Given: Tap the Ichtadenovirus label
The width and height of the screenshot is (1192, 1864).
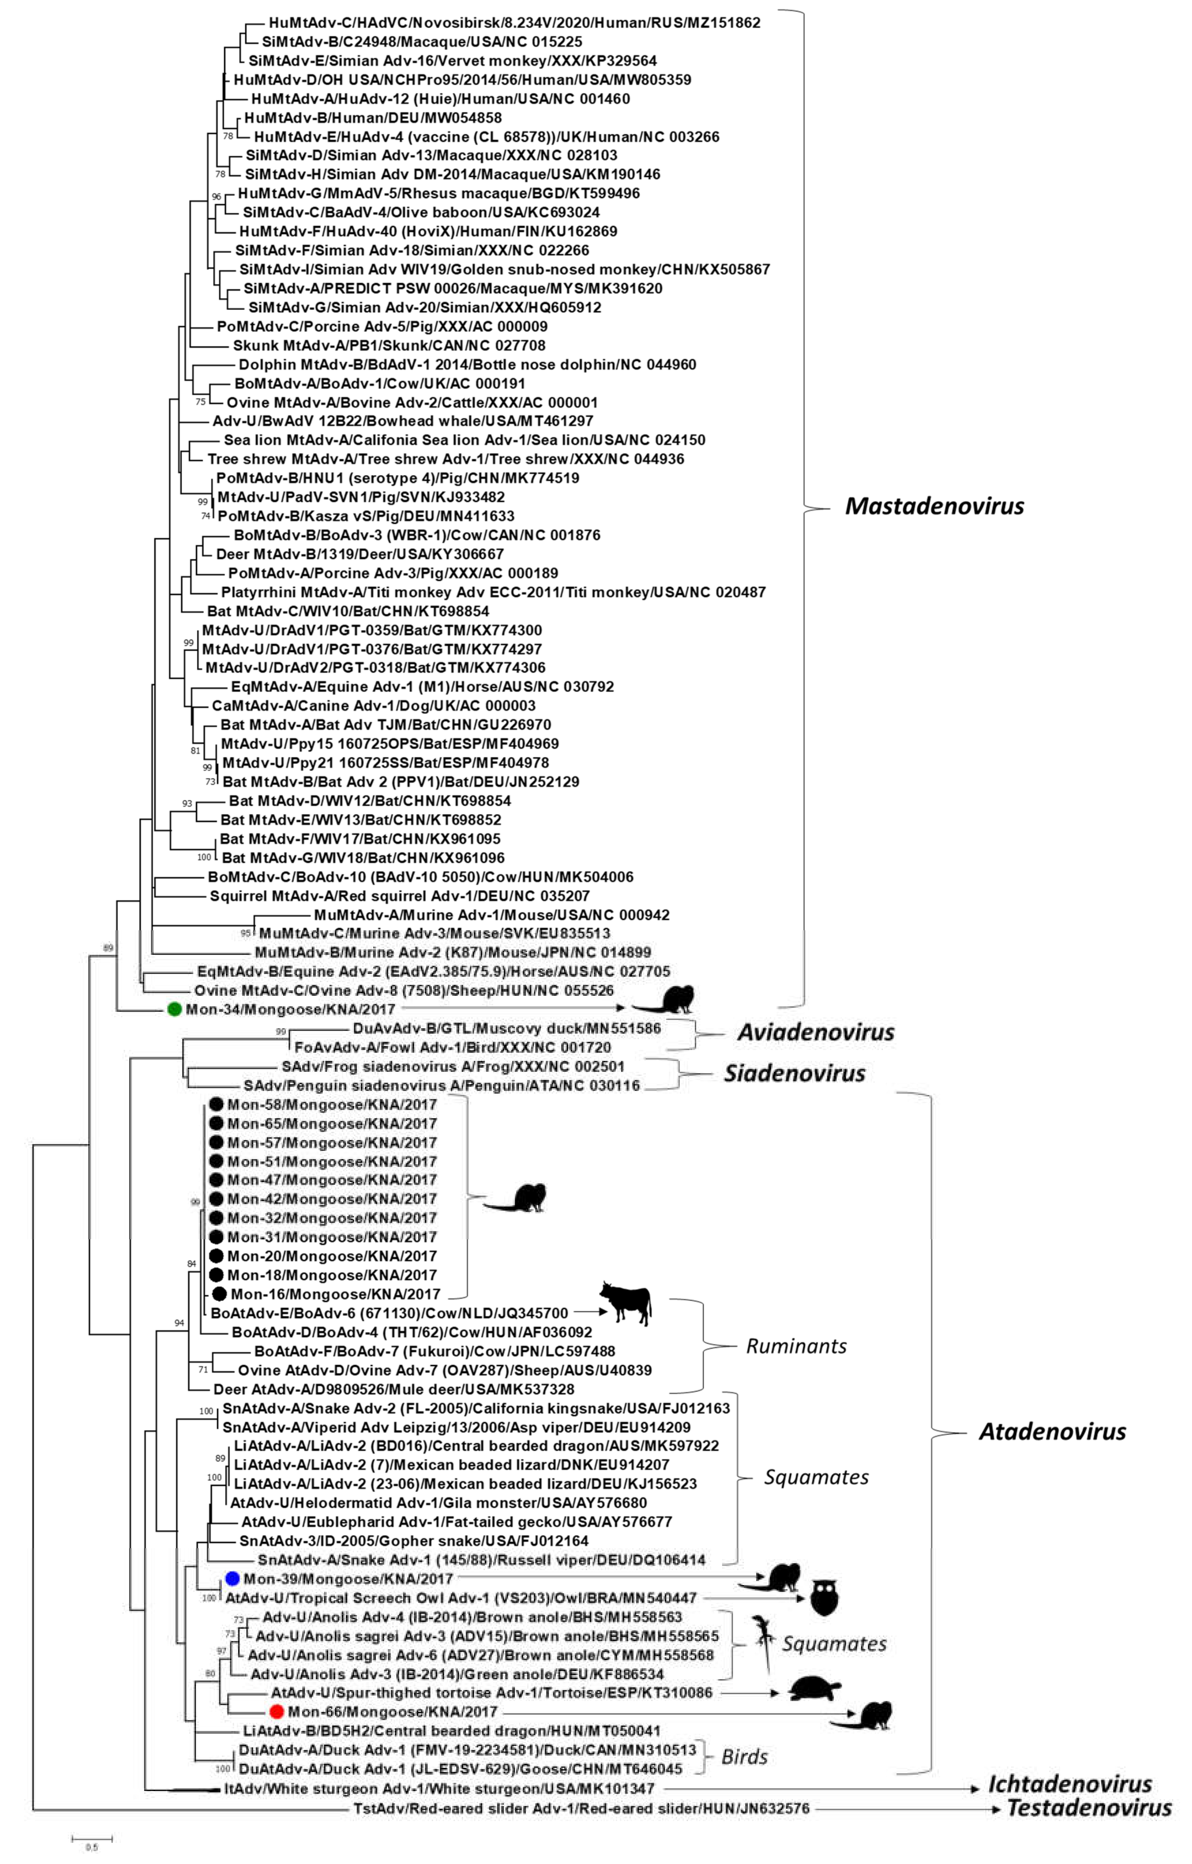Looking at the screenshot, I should click(x=1070, y=1785).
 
